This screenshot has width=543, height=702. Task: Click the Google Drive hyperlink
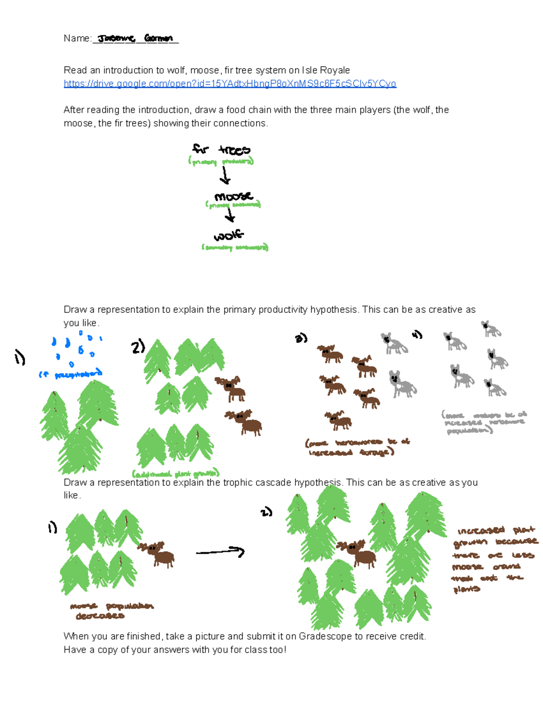[230, 84]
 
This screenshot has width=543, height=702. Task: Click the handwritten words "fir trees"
[221, 150]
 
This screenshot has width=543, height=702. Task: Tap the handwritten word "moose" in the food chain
[233, 197]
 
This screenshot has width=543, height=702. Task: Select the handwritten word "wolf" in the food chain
[229, 236]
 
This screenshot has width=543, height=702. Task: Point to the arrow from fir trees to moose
[224, 175]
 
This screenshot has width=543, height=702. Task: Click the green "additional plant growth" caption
[176, 474]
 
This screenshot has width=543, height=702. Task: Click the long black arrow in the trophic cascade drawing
[220, 552]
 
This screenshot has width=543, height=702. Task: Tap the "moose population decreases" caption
[110, 611]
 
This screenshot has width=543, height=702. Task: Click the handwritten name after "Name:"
[135, 39]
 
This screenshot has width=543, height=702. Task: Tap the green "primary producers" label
[221, 161]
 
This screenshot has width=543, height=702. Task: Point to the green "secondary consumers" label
[235, 247]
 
